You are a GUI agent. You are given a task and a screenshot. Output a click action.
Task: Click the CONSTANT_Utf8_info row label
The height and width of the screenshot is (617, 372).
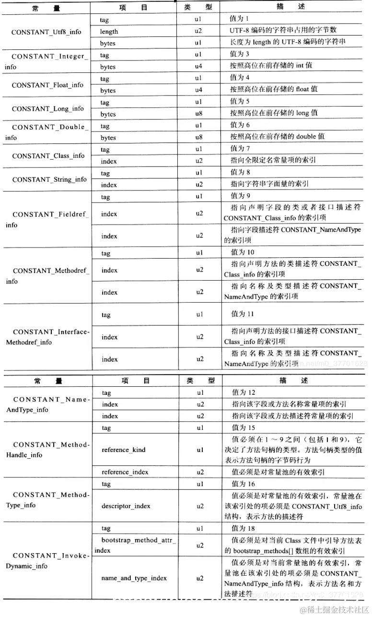tap(46, 32)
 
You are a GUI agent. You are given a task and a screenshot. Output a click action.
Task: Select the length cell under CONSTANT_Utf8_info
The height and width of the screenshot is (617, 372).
tap(109, 32)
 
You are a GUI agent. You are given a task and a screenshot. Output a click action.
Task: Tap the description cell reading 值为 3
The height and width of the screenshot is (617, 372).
tap(240, 54)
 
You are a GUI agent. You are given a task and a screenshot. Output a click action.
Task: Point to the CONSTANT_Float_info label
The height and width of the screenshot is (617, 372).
tap(47, 85)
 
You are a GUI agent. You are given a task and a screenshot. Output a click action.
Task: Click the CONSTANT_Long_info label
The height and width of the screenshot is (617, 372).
tap(47, 108)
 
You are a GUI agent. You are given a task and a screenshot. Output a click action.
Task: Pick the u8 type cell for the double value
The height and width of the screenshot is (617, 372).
tap(198, 137)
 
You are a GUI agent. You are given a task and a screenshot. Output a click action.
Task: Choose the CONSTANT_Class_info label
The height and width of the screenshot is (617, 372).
tap(48, 156)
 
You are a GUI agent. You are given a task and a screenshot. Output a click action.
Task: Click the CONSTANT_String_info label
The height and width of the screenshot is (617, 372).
tap(49, 179)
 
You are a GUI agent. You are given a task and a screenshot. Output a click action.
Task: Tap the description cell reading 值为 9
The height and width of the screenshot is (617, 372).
tap(240, 196)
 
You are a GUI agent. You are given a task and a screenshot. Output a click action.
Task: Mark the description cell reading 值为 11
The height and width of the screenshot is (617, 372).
tap(243, 314)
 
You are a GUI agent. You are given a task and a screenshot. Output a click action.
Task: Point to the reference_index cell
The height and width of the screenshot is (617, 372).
tap(125, 472)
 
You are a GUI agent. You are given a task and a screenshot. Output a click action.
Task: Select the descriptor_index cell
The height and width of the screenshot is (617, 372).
tap(126, 506)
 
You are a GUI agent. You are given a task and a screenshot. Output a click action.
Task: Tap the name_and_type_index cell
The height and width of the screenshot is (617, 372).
tap(134, 578)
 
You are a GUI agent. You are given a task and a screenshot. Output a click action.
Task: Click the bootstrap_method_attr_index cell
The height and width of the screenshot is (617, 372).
tap(137, 545)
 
